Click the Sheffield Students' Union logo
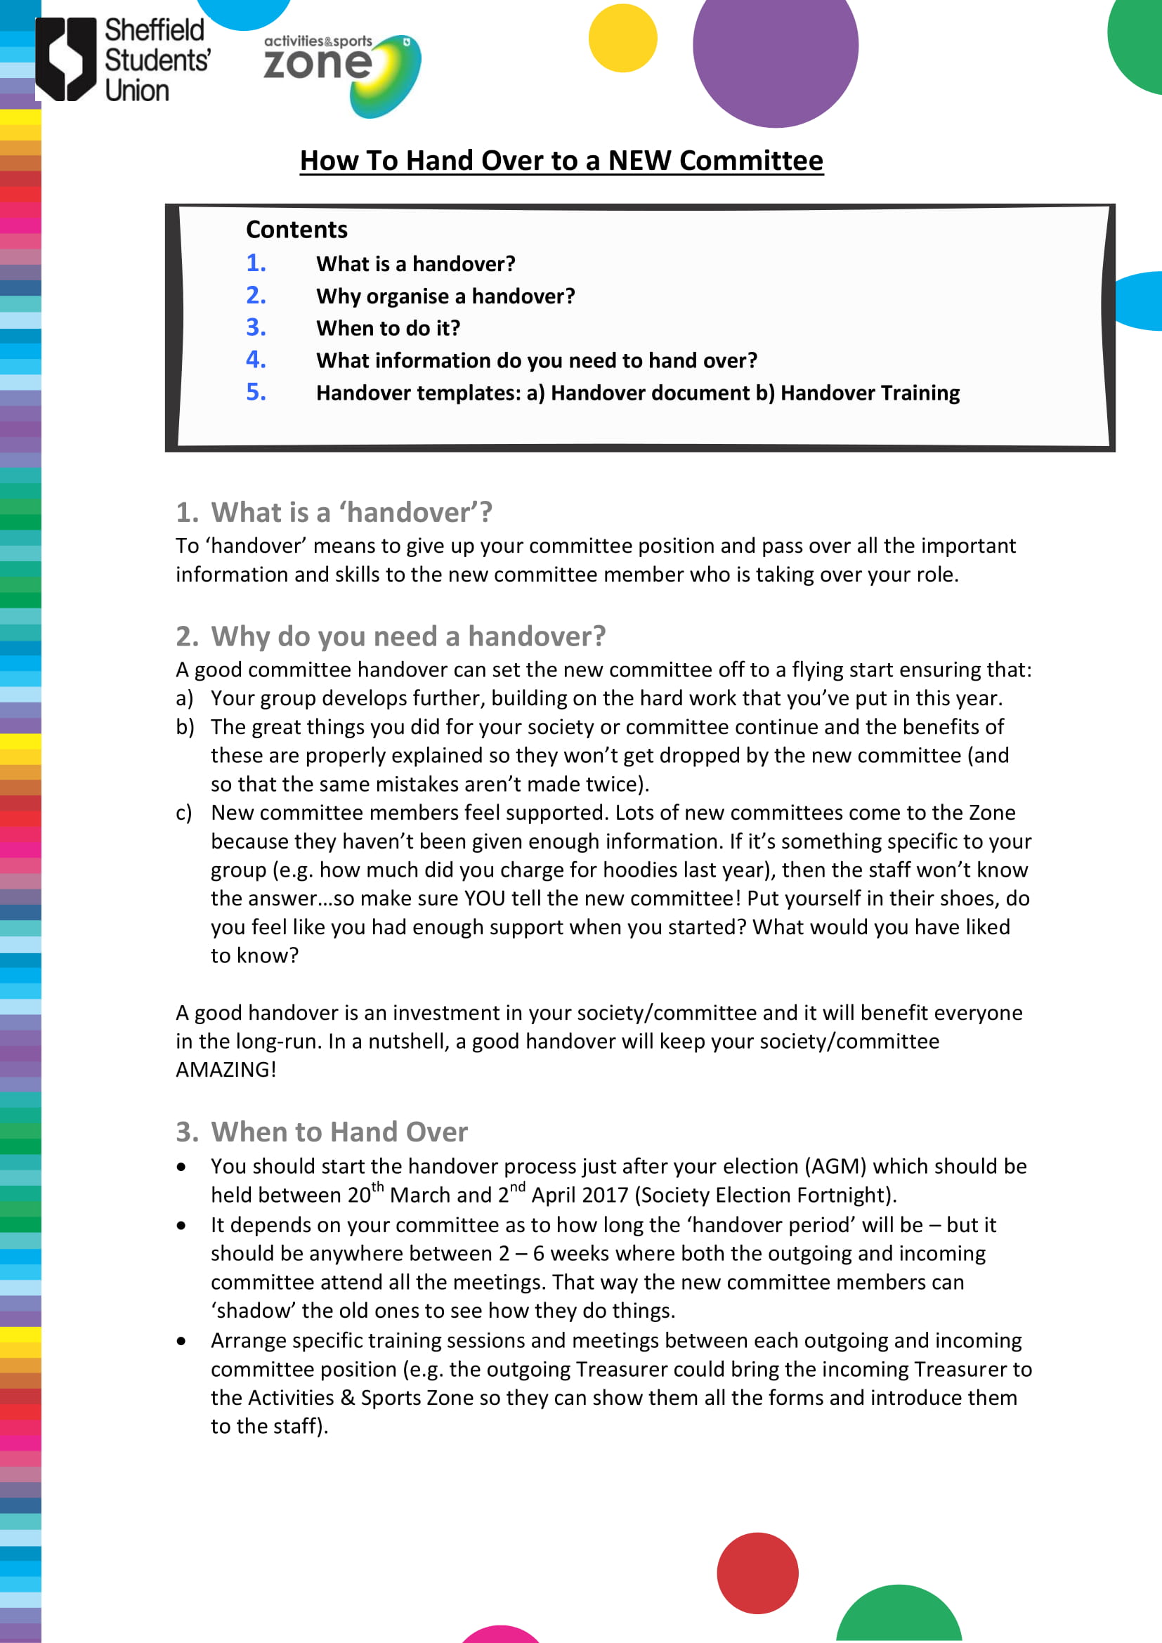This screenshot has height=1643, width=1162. [123, 60]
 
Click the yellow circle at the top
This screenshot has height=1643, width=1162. [622, 38]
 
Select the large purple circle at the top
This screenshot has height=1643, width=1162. [775, 46]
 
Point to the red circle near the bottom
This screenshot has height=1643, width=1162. [757, 1573]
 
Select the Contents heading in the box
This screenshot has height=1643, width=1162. [296, 230]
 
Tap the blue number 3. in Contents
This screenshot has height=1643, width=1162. [256, 328]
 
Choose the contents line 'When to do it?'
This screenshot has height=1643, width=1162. [388, 329]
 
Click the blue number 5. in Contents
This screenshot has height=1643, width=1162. [256, 392]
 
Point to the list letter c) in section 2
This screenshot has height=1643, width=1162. [184, 813]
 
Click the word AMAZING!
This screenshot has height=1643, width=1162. [226, 1070]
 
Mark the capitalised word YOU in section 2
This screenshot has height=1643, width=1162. [486, 899]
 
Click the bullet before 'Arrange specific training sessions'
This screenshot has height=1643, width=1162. [182, 1340]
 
